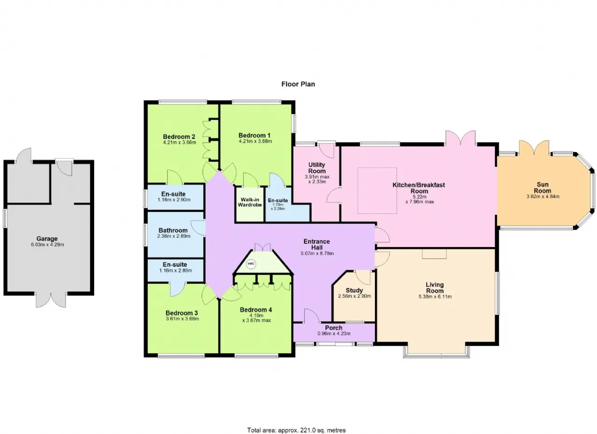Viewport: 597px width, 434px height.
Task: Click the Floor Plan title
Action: coord(298,84)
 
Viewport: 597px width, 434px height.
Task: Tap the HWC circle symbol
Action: coord(251,264)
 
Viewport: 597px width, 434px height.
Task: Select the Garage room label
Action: coord(47,239)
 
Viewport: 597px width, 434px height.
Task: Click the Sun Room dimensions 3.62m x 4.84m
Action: coord(542,197)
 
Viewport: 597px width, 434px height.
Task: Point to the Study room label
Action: coord(354,290)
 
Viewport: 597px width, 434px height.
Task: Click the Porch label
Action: coord(333,328)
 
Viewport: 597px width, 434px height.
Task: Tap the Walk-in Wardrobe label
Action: coord(250,202)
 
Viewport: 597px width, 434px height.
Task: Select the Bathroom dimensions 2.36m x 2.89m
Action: coord(174,236)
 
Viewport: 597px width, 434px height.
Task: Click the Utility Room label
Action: coord(317,168)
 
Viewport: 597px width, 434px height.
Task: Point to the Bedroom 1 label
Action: coord(254,135)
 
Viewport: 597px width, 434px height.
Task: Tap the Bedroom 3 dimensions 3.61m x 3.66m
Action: coord(182,319)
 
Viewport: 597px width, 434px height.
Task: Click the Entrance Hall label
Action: coord(317,245)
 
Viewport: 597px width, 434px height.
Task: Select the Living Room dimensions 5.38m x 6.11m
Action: coord(435,296)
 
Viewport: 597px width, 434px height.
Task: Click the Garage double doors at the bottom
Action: coord(51,300)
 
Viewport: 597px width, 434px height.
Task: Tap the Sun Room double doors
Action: coord(534,148)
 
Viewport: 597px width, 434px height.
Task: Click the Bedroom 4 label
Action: coord(256,310)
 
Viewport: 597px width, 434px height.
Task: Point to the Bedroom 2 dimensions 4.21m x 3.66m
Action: coord(180,143)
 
